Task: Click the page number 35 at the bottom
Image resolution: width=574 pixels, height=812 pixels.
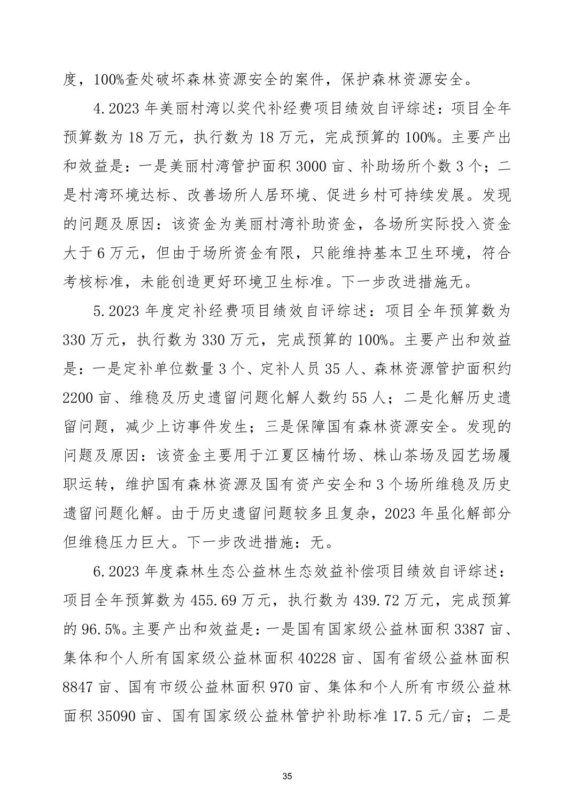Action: pyautogui.click(x=287, y=776)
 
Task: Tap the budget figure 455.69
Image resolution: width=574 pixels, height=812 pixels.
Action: pyautogui.click(x=213, y=600)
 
